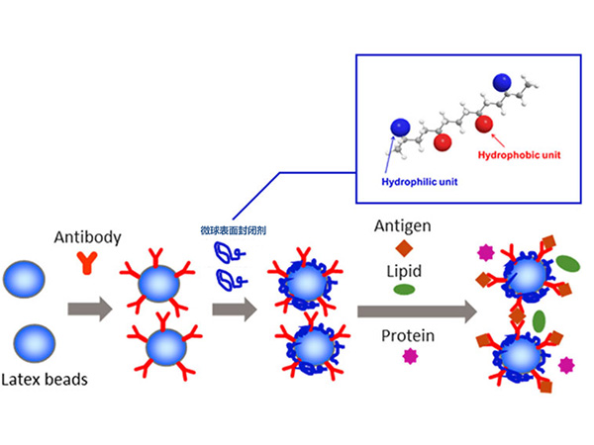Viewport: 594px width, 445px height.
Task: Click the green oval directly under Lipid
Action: click(x=404, y=290)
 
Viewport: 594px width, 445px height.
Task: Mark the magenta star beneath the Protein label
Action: click(x=406, y=360)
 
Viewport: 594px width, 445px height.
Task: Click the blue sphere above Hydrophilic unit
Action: click(x=400, y=128)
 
